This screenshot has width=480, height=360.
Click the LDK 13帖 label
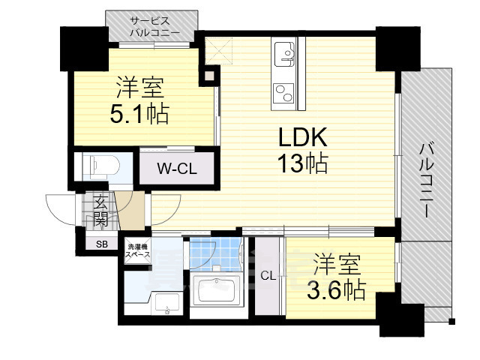pyautogui.click(x=303, y=150)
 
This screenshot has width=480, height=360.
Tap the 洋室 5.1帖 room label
pyautogui.click(x=139, y=100)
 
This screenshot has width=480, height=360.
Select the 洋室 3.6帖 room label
pyautogui.click(x=337, y=276)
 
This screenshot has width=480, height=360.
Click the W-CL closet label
pyautogui.click(x=177, y=169)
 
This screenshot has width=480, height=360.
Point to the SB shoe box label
pyautogui.click(x=102, y=244)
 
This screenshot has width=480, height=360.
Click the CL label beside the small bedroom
pyautogui.click(x=268, y=276)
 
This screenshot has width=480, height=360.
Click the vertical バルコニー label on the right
pyautogui.click(x=427, y=180)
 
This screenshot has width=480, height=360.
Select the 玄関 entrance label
pyautogui.click(x=100, y=211)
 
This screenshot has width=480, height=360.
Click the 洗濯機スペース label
pyautogui.click(x=139, y=250)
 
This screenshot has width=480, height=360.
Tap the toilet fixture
pyautogui.click(x=101, y=166)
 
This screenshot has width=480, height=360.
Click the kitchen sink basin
pyautogui.click(x=284, y=54)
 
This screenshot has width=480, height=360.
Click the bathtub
pyautogui.click(x=217, y=291)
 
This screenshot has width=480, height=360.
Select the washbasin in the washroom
pyautogui.click(x=166, y=304)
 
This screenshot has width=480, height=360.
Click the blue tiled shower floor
pyautogui.click(x=214, y=254)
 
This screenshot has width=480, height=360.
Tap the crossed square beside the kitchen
pyautogui.click(x=219, y=51)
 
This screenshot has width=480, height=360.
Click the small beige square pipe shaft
pyautogui.click(x=209, y=76)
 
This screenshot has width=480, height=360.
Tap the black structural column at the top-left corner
pyautogui.click(x=85, y=49)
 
